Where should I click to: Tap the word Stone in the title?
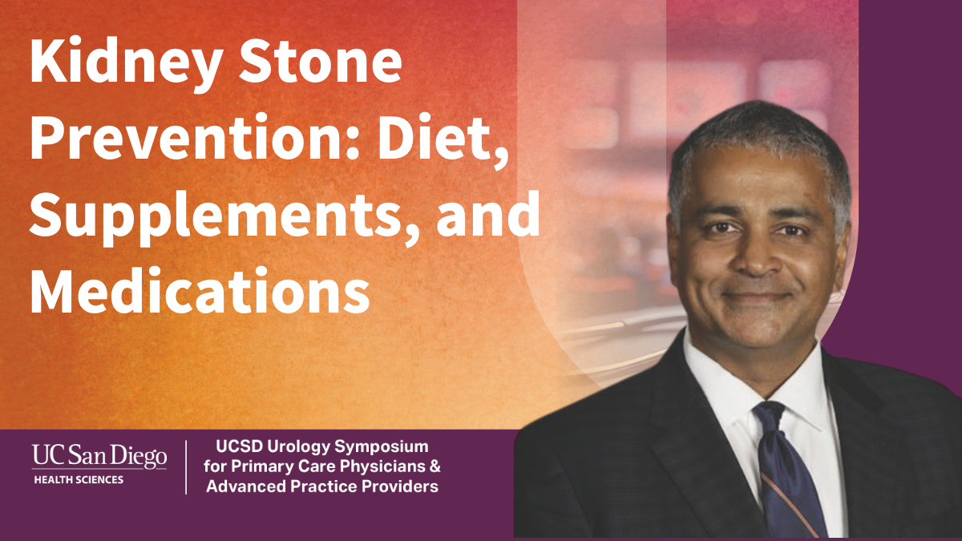pyautogui.click(x=321, y=59)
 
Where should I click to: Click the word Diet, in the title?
pyautogui.click(x=442, y=139)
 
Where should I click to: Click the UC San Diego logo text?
pyautogui.click(x=99, y=457)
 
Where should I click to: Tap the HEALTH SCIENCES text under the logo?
pyautogui.click(x=79, y=479)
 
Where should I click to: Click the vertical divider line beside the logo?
pyautogui.click(x=186, y=467)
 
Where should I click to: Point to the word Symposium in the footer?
pyautogui.click(x=382, y=447)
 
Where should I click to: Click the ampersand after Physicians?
pyautogui.click(x=435, y=466)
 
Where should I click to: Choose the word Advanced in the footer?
pyautogui.click(x=245, y=486)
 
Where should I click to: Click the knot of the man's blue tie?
pyautogui.click(x=769, y=418)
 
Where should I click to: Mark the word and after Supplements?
pyautogui.click(x=488, y=214)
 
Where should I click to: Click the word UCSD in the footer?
pyautogui.click(x=239, y=446)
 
